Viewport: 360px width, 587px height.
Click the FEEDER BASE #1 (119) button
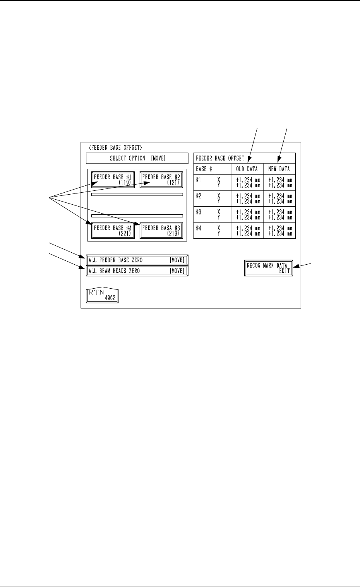pos(113,180)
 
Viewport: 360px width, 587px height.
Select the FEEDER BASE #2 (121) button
pos(161,180)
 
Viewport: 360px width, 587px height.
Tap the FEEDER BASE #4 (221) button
pos(113,231)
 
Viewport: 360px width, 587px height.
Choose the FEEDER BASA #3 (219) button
pos(161,231)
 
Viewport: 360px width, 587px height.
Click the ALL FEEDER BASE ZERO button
pos(137,260)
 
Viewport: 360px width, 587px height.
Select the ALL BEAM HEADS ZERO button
pos(137,271)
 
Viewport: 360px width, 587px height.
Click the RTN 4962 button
pos(102,295)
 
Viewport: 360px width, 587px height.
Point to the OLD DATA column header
pos(247,169)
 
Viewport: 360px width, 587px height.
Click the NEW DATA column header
pos(279,169)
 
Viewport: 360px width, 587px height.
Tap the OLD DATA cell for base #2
pos(247,199)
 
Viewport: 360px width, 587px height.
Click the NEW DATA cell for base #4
pos(279,231)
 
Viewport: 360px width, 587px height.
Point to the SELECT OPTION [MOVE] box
pos(137,158)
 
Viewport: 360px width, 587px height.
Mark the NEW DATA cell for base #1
pos(279,182)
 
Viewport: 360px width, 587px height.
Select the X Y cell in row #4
pos(219,231)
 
